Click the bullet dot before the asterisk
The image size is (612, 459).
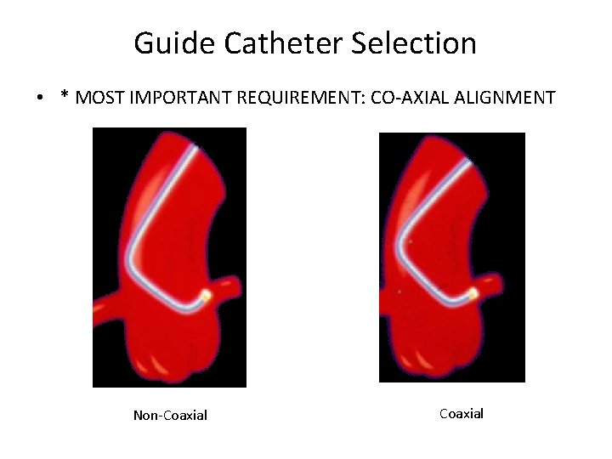point(40,99)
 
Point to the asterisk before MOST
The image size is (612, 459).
point(65,95)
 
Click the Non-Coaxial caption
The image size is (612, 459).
point(170,416)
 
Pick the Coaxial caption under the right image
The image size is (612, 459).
point(462,414)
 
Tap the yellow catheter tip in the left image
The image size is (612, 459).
point(206,296)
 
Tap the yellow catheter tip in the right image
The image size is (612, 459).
point(473,293)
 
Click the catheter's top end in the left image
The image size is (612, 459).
point(197,149)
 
